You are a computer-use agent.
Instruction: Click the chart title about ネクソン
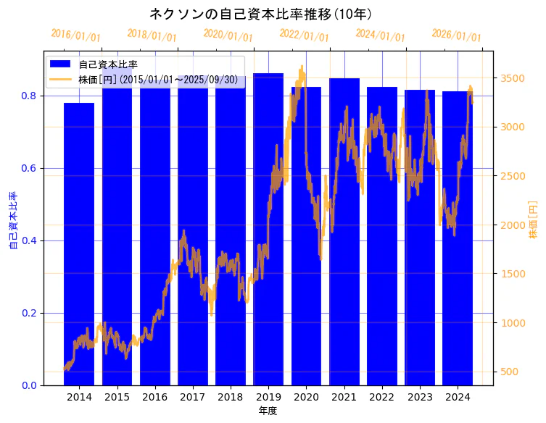pos(261,14)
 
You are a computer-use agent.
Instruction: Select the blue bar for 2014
pos(79,246)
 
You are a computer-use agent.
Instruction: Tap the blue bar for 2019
pos(268,232)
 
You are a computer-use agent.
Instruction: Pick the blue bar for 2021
pos(344,232)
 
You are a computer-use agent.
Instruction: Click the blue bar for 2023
pos(420,239)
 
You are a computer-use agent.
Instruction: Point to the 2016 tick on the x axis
pos(154,397)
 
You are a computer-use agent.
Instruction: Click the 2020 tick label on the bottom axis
pos(306,397)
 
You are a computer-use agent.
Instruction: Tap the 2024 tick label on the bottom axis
pos(458,397)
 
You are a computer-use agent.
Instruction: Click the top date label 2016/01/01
pos(76,35)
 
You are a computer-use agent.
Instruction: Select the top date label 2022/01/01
pos(304,35)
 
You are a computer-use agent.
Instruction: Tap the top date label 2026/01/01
pos(456,35)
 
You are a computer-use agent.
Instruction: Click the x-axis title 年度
pos(268,411)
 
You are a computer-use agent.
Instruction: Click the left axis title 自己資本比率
pos(12,220)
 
